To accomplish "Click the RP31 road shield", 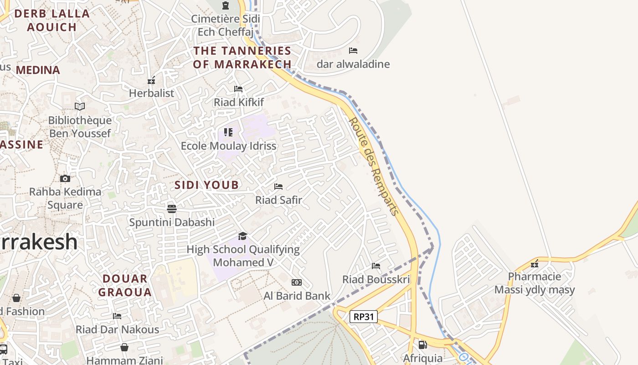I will tap(364, 316).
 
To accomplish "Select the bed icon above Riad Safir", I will tap(278, 187).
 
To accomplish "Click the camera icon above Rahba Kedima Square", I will tap(65, 178).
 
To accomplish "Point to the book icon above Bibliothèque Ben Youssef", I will tap(80, 106).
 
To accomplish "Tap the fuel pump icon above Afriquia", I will tap(422, 345).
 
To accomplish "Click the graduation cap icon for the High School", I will tap(242, 236).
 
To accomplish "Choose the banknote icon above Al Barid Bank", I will tap(297, 282).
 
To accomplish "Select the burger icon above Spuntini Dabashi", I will tap(172, 209).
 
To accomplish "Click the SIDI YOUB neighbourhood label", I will tap(206, 185).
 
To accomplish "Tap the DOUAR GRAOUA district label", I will tap(125, 286).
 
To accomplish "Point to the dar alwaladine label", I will tap(353, 64).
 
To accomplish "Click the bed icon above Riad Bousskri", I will tap(376, 266).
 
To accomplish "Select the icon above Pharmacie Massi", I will tap(535, 264).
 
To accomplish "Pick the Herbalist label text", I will tap(151, 93).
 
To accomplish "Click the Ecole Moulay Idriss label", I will tap(229, 146).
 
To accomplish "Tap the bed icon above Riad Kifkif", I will tap(238, 89).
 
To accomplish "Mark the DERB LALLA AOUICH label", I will tap(52, 20).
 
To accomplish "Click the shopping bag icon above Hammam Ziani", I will tap(124, 347).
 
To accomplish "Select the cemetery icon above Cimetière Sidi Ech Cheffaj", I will tap(226, 5).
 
